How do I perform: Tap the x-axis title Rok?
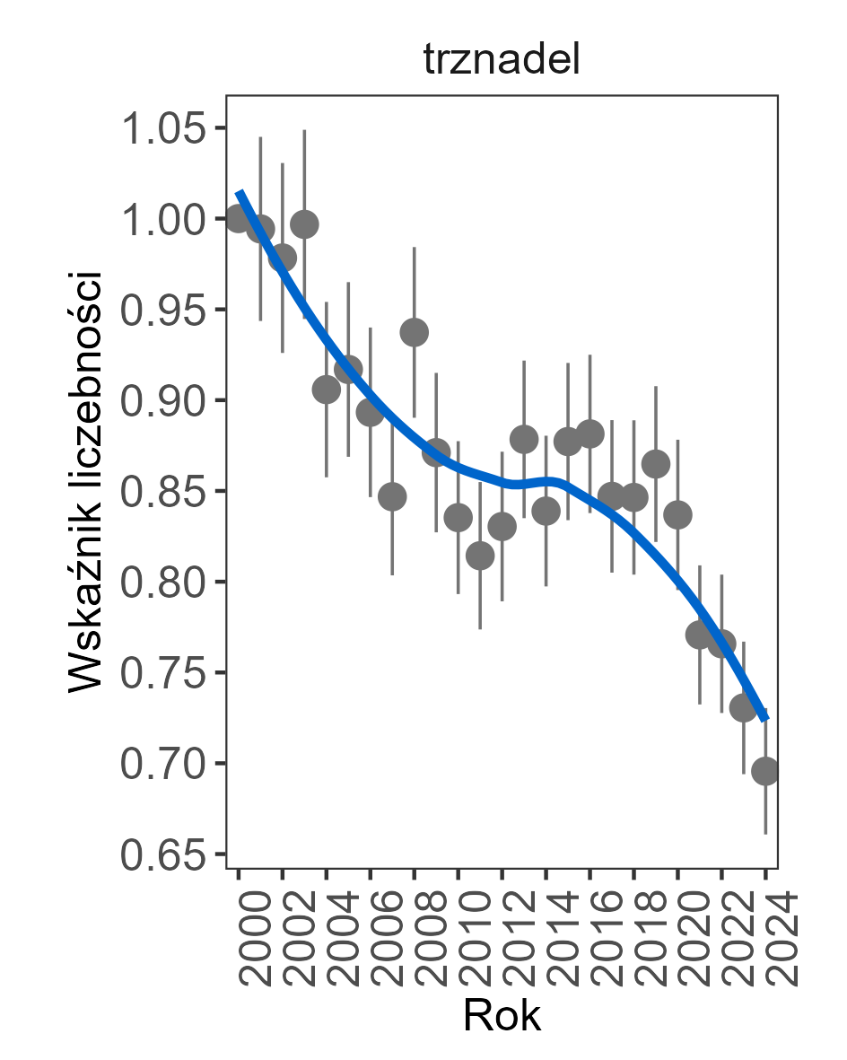(x=502, y=1016)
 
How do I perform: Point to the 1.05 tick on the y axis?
(x=162, y=128)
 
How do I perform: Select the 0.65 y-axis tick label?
(x=162, y=854)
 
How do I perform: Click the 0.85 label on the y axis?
(x=162, y=492)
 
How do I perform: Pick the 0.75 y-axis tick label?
(x=162, y=673)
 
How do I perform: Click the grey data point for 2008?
(x=415, y=333)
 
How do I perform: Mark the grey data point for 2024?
(x=765, y=771)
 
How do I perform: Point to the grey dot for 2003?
(x=305, y=224)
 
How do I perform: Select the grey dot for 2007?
(x=392, y=496)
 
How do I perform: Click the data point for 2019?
(x=656, y=464)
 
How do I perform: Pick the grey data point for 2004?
(x=327, y=390)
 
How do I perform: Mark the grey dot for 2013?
(x=524, y=439)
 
